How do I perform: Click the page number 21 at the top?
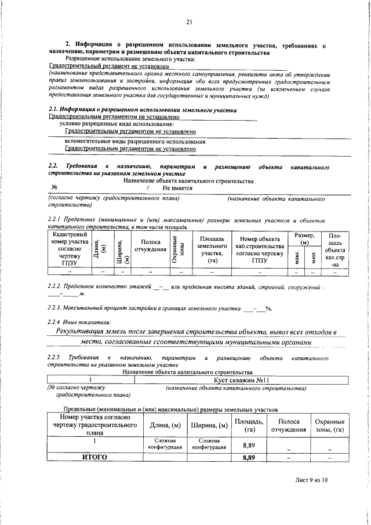coord(189,23)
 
